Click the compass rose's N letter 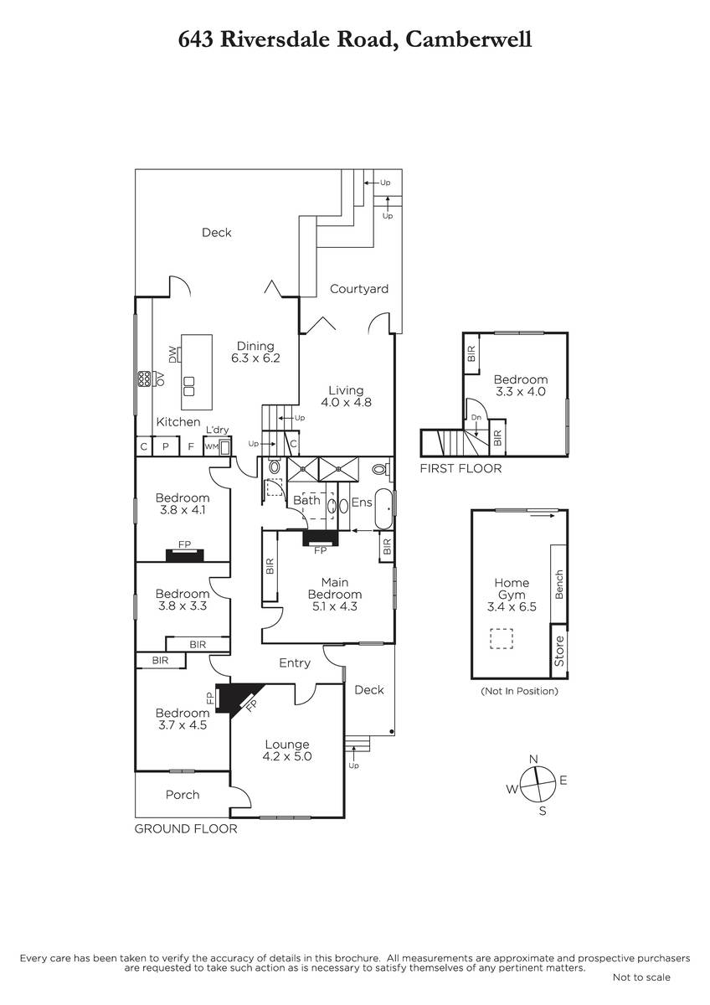(533, 759)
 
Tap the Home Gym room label (512, 589)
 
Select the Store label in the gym (558, 651)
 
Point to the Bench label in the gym (558, 585)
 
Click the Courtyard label (359, 289)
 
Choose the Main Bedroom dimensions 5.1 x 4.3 (335, 606)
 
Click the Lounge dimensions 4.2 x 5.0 (287, 756)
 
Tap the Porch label (183, 795)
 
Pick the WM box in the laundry (211, 446)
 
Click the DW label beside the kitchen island (172, 355)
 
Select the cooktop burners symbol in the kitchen (144, 379)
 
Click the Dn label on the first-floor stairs (476, 418)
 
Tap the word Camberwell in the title (469, 39)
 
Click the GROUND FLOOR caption (186, 828)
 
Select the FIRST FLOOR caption (460, 469)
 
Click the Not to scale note (641, 977)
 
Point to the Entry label (295, 663)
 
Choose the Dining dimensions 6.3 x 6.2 (255, 358)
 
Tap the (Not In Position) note (519, 691)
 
